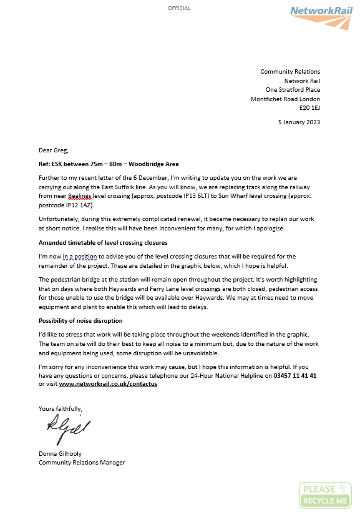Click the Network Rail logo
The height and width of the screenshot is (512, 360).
tap(322, 16)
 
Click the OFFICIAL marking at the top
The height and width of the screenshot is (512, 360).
tap(180, 8)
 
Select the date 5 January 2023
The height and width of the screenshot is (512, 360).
tap(299, 122)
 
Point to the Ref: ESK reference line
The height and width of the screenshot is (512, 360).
tap(109, 164)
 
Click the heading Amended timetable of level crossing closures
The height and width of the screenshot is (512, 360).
tap(103, 242)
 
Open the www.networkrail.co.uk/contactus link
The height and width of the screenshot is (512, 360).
tap(108, 384)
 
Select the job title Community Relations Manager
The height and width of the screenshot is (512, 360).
tap(82, 462)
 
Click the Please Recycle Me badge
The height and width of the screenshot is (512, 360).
tap(325, 495)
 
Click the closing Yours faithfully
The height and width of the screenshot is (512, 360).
tap(60, 408)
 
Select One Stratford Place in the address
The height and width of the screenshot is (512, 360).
tap(293, 90)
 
